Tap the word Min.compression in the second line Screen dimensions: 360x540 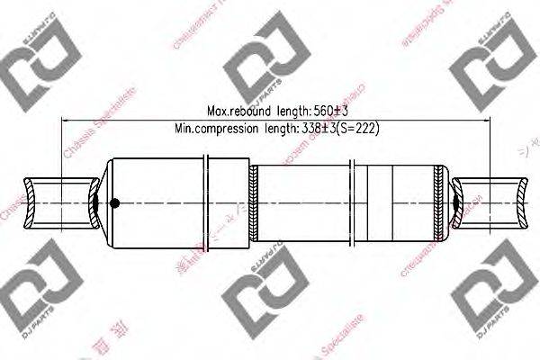[x=213, y=129]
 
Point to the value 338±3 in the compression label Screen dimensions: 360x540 [x=316, y=129]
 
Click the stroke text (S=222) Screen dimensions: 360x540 [x=356, y=129]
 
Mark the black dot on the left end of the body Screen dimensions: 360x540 [x=113, y=202]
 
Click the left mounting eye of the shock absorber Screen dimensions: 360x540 [x=58, y=202]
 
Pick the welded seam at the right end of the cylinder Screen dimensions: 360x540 [x=439, y=202]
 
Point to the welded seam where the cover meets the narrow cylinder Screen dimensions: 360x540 [x=255, y=202]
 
